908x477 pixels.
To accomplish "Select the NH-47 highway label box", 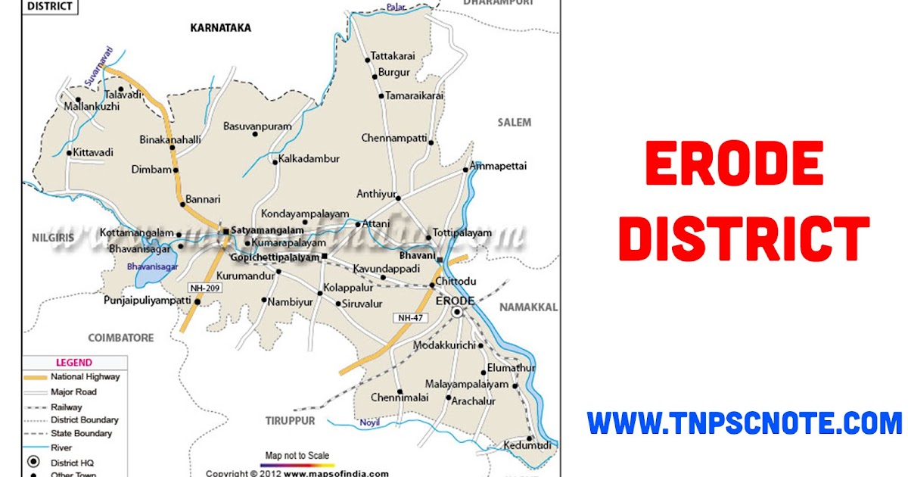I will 409,318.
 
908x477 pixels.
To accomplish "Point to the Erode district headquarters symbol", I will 457,312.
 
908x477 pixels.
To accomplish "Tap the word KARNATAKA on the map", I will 220,28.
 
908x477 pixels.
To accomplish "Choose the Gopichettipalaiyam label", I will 264,258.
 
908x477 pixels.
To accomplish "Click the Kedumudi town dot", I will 530,438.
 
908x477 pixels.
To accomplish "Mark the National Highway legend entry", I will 85,377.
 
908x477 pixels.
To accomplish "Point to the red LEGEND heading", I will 73,363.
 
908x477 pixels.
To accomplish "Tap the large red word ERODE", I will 734,165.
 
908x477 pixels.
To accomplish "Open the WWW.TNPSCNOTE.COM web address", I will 745,422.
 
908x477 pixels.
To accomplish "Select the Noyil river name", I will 369,422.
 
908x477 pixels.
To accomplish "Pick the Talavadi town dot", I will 120,89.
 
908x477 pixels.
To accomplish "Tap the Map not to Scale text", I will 297,456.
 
